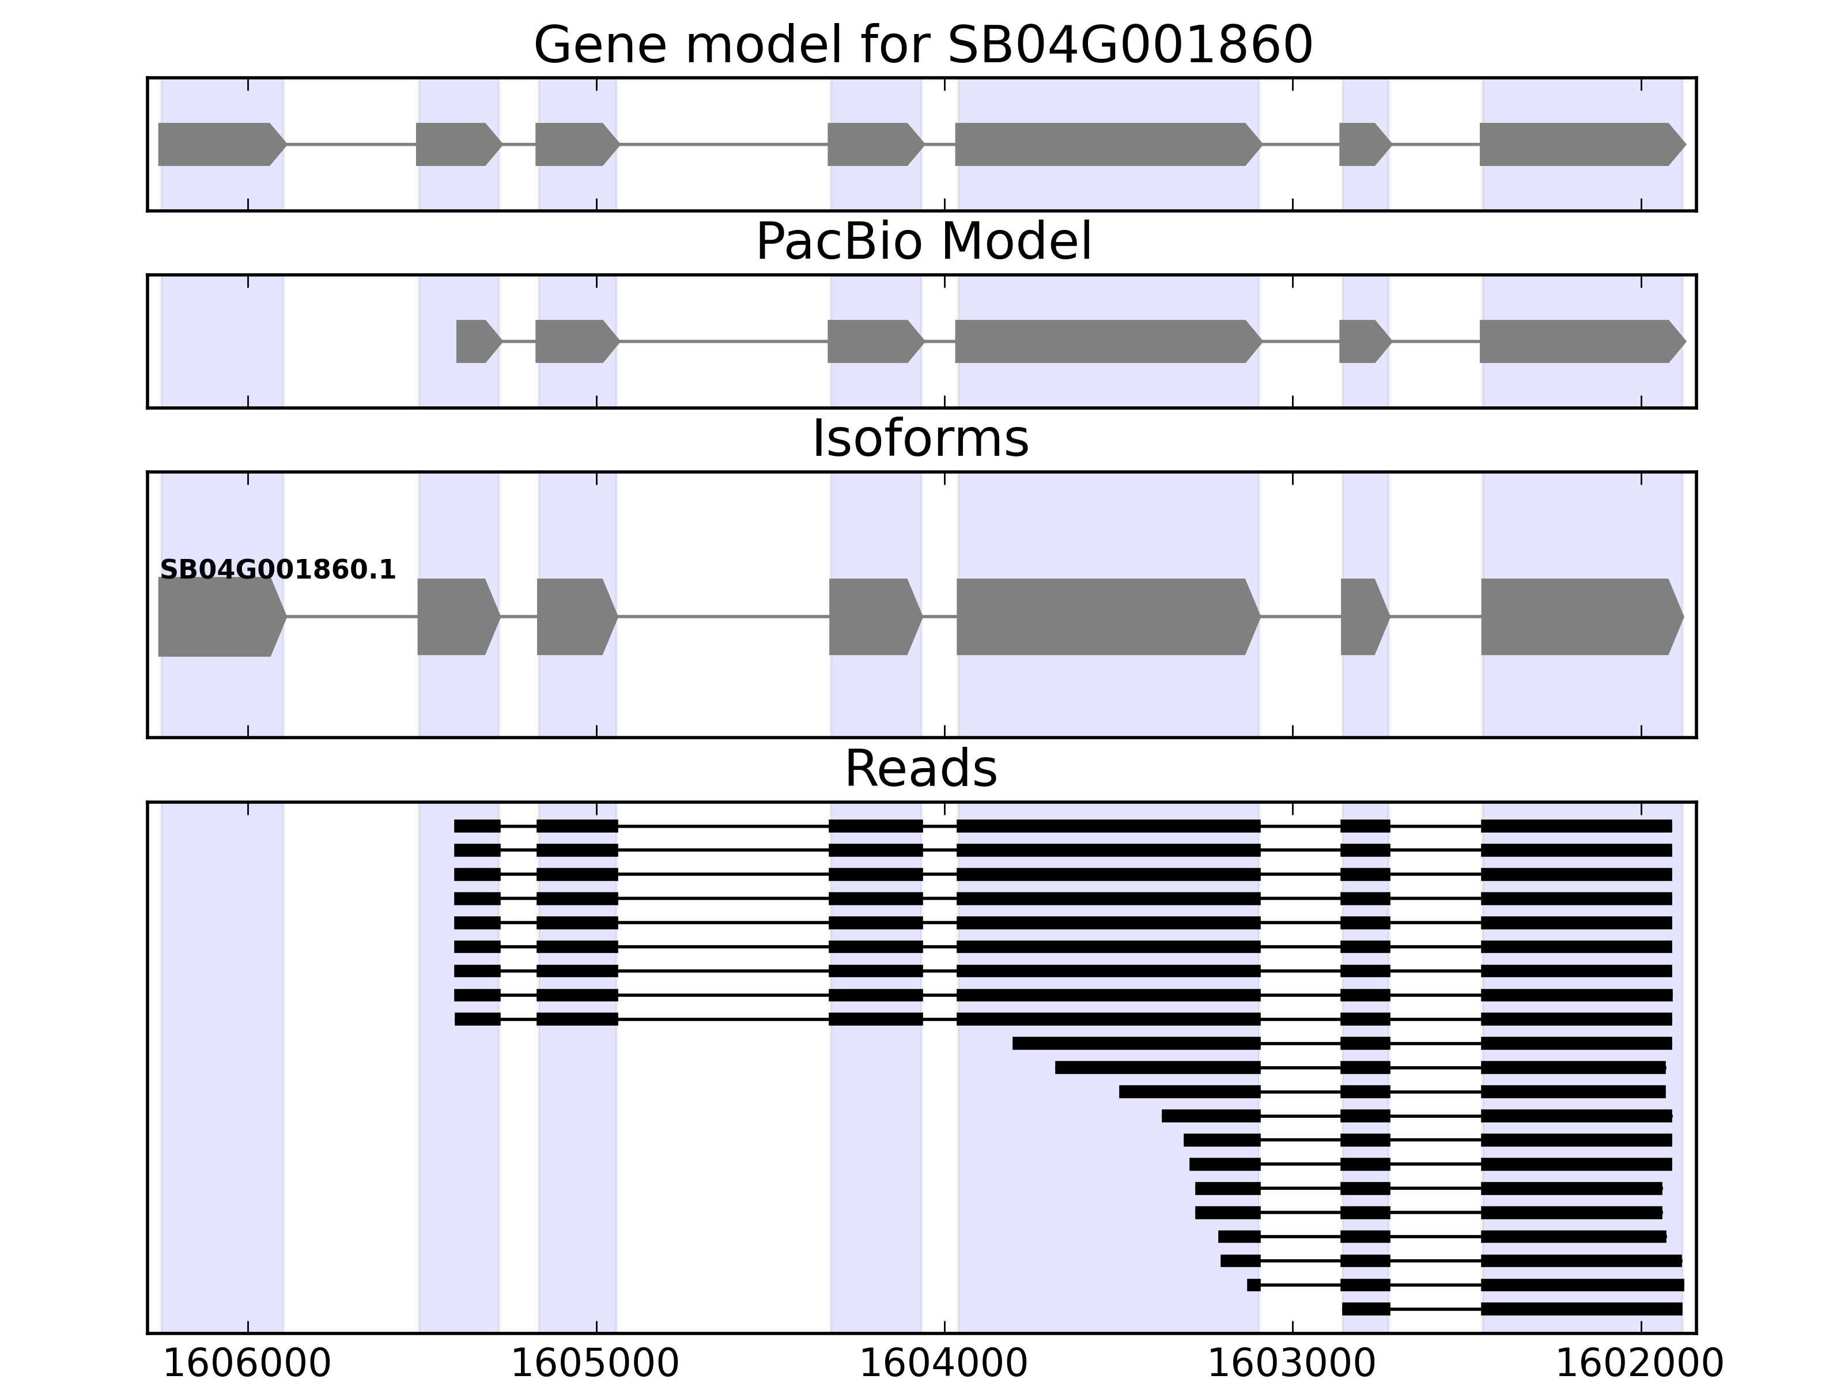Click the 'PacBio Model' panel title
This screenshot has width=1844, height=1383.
click(923, 242)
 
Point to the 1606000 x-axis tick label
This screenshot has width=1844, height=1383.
click(248, 1364)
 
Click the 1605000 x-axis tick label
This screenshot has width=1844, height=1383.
click(595, 1364)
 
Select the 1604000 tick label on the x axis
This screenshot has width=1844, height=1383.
click(944, 1364)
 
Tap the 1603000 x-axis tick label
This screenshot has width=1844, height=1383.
click(1292, 1364)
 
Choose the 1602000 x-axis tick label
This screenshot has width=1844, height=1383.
click(1640, 1364)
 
